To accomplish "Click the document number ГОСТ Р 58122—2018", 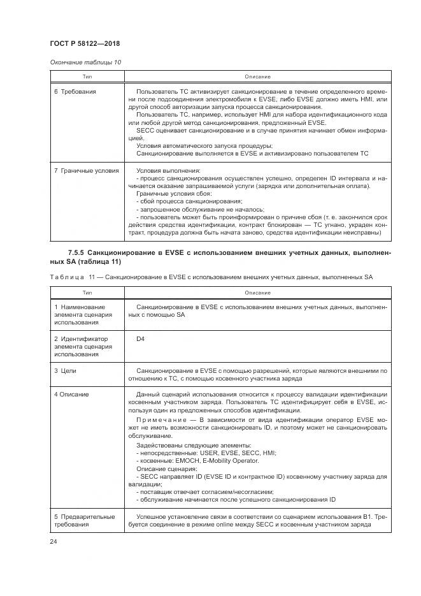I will [x=85, y=43].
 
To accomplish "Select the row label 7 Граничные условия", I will [x=86, y=171].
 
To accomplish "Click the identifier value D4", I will [x=140, y=338].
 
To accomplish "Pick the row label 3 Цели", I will [x=66, y=370].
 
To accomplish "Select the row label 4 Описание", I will [x=71, y=395].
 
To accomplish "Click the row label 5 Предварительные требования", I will [x=84, y=520].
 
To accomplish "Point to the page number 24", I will [x=54, y=542].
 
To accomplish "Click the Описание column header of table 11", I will [x=257, y=293].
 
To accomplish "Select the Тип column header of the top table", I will [x=86, y=76].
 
